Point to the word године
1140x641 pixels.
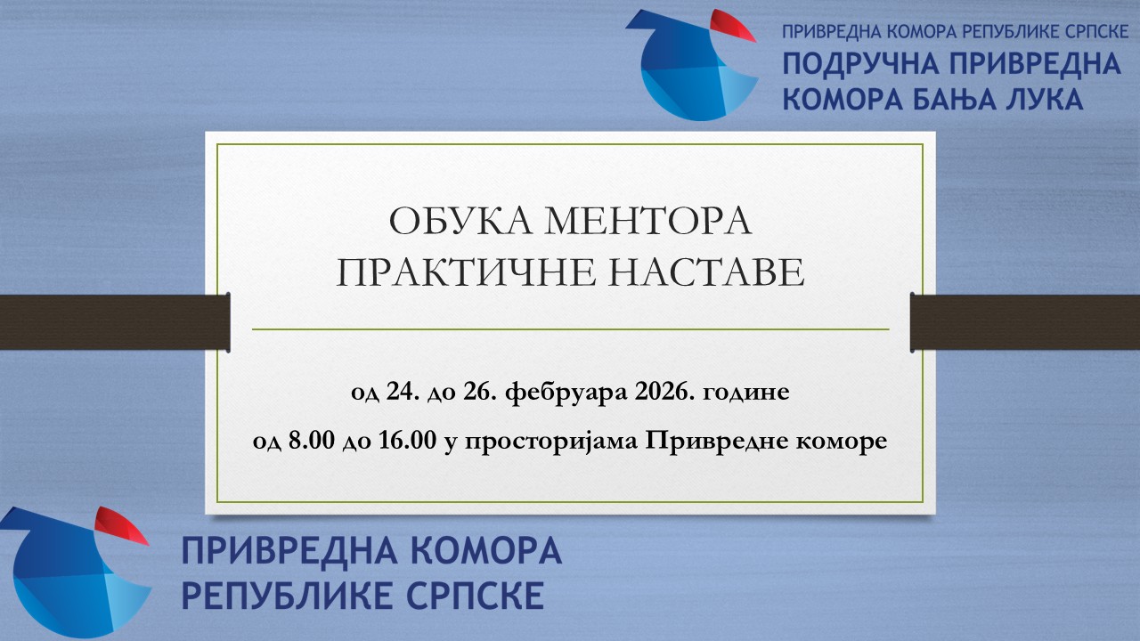(746, 393)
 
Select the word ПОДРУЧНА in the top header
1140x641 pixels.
(857, 64)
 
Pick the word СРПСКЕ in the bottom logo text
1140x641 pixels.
(482, 595)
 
